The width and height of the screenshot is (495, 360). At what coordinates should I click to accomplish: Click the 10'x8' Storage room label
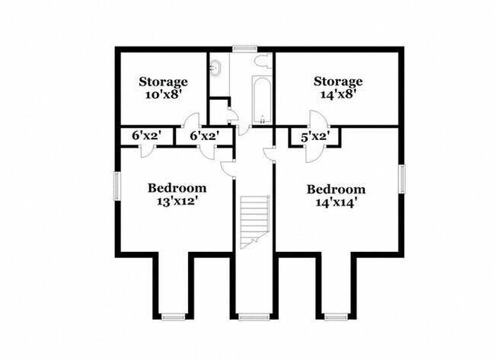163,88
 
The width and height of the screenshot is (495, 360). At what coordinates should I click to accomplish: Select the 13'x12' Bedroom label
177,196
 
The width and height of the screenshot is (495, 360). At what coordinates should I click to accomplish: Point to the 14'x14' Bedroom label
336,196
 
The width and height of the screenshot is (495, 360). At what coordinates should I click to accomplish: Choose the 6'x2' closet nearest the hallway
204,135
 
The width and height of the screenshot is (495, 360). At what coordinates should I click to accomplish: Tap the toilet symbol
262,61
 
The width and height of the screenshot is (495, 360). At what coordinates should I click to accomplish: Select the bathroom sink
216,66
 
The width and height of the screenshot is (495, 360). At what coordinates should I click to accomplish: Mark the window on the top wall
244,49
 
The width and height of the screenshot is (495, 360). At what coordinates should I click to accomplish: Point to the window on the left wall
117,186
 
